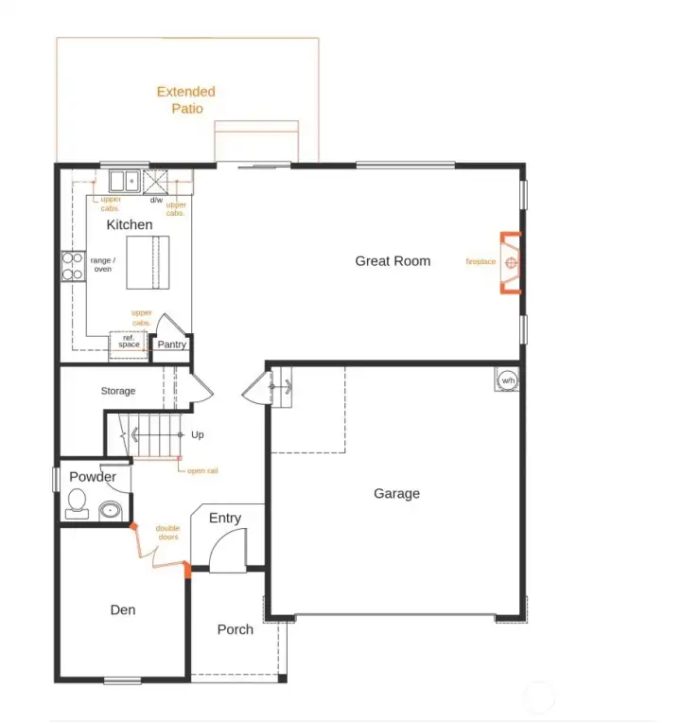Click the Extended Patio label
(x=186, y=99)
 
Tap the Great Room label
(x=393, y=261)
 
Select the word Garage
(x=396, y=493)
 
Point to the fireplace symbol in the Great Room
(x=511, y=262)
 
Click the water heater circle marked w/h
(x=507, y=380)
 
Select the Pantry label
(x=171, y=344)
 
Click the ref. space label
(x=129, y=342)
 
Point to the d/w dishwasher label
(x=156, y=200)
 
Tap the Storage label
(x=118, y=391)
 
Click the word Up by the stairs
(x=198, y=435)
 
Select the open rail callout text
(x=202, y=470)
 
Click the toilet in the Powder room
(x=76, y=505)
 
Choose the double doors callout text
(x=167, y=533)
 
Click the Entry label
(x=225, y=518)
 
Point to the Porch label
(x=235, y=629)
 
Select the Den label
(x=123, y=609)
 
